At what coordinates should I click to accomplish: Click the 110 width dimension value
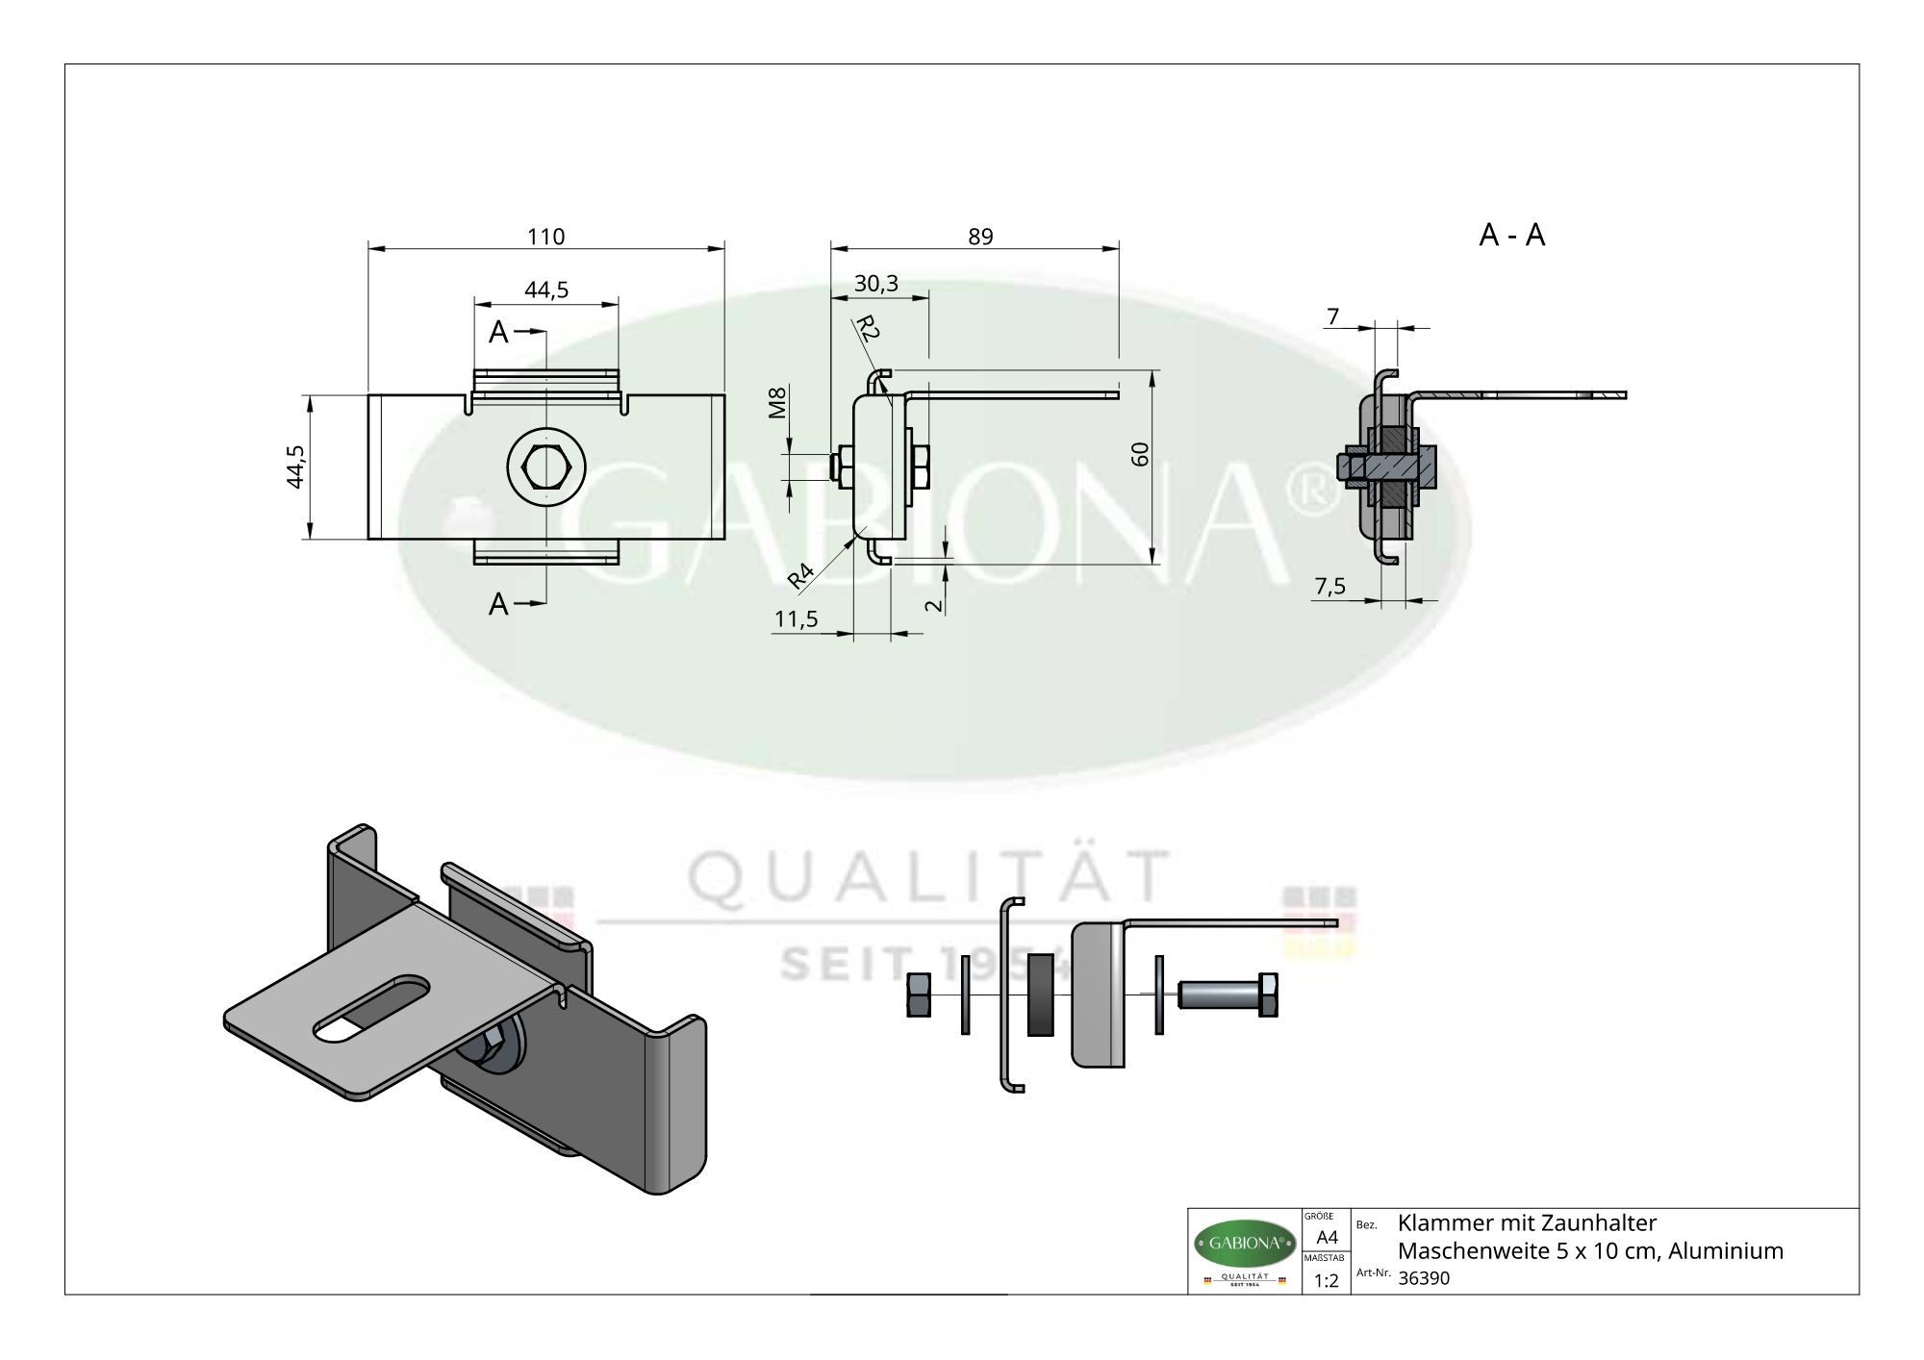pyautogui.click(x=545, y=236)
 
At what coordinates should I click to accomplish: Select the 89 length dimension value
pyautogui.click(x=980, y=236)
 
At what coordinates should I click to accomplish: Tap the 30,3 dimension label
pyautogui.click(x=875, y=283)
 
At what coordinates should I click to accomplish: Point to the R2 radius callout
pyautogui.click(x=868, y=329)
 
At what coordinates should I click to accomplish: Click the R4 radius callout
pyautogui.click(x=800, y=575)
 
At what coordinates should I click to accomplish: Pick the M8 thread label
pyautogui.click(x=778, y=402)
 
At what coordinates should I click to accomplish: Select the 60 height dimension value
pyautogui.click(x=1141, y=454)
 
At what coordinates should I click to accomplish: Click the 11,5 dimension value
pyautogui.click(x=796, y=619)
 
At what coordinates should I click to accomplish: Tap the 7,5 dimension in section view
pyautogui.click(x=1329, y=587)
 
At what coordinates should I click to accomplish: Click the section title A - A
pyautogui.click(x=1511, y=235)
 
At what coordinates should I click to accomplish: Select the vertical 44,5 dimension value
pyautogui.click(x=296, y=466)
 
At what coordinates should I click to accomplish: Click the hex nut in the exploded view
pyautogui.click(x=918, y=994)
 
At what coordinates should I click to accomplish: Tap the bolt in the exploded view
pyautogui.click(x=1227, y=995)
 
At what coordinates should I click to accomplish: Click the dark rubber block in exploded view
pyautogui.click(x=1040, y=995)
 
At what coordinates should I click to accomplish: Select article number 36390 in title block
pyautogui.click(x=1423, y=1278)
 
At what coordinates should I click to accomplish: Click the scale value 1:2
pyautogui.click(x=1327, y=1280)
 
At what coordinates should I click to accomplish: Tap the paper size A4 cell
pyautogui.click(x=1327, y=1237)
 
